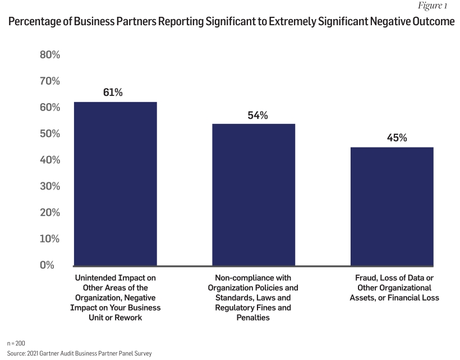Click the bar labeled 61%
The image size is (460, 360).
click(x=116, y=183)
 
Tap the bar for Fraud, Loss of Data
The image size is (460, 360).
click(x=392, y=206)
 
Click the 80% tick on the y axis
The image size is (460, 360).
click(x=50, y=55)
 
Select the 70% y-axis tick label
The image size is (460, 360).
click(x=50, y=81)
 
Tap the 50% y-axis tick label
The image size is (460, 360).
click(x=50, y=134)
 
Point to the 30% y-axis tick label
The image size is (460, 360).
click(x=50, y=186)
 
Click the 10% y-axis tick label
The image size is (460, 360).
click(x=50, y=239)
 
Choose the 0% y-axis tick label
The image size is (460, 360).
click(x=53, y=265)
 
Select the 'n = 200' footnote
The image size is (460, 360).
click(x=17, y=343)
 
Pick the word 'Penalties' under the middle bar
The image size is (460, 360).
click(x=253, y=318)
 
